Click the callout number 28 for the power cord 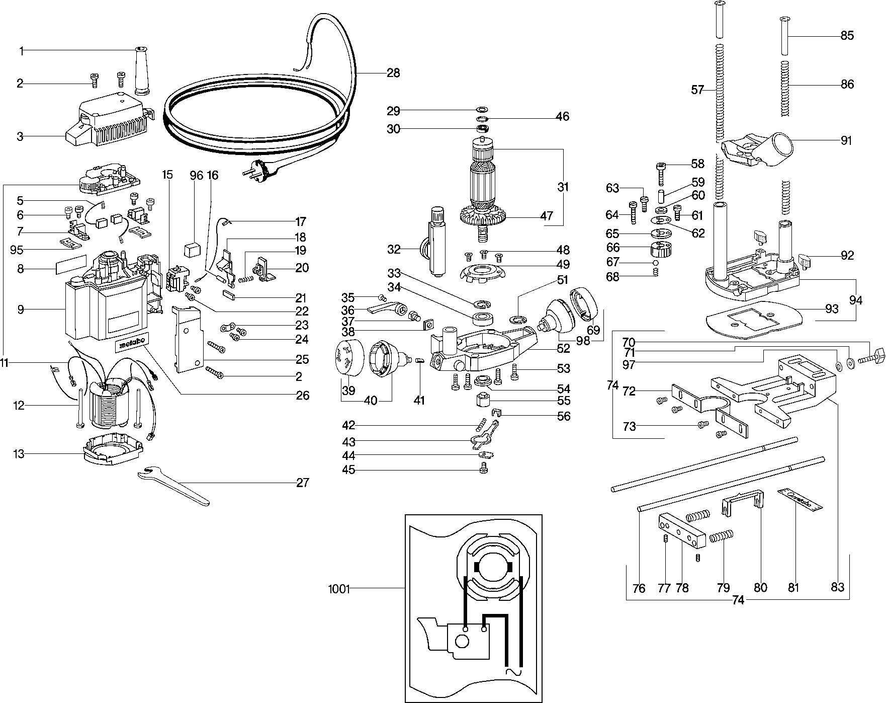(x=393, y=73)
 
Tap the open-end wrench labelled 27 (x=173, y=485)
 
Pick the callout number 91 (x=847, y=141)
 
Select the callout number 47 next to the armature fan (x=547, y=216)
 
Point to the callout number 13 (x=19, y=454)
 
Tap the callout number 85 (x=847, y=36)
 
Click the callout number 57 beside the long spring (x=697, y=90)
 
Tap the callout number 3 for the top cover (x=20, y=136)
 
